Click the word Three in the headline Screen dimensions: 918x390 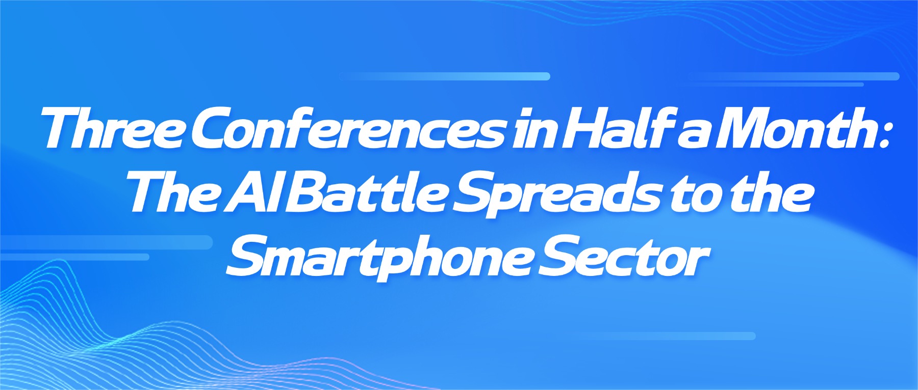[113, 128]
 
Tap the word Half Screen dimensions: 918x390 [617, 128]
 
